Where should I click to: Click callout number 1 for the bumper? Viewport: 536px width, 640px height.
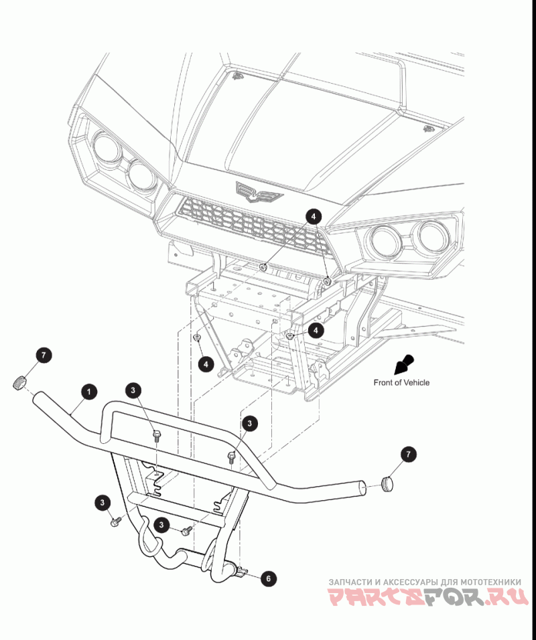[88, 390]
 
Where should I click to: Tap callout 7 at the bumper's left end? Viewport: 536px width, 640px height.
[42, 355]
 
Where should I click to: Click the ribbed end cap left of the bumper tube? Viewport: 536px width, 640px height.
[19, 383]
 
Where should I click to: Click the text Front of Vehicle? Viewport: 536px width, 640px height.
[401, 383]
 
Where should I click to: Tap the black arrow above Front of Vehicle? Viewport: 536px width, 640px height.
[404, 364]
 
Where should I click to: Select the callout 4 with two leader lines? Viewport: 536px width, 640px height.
[314, 216]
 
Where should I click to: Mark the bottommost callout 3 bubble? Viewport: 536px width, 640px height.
[161, 524]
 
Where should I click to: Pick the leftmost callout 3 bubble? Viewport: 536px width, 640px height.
[102, 501]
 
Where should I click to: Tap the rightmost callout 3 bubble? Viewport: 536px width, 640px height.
[249, 423]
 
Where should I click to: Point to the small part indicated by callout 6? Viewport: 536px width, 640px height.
[242, 571]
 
